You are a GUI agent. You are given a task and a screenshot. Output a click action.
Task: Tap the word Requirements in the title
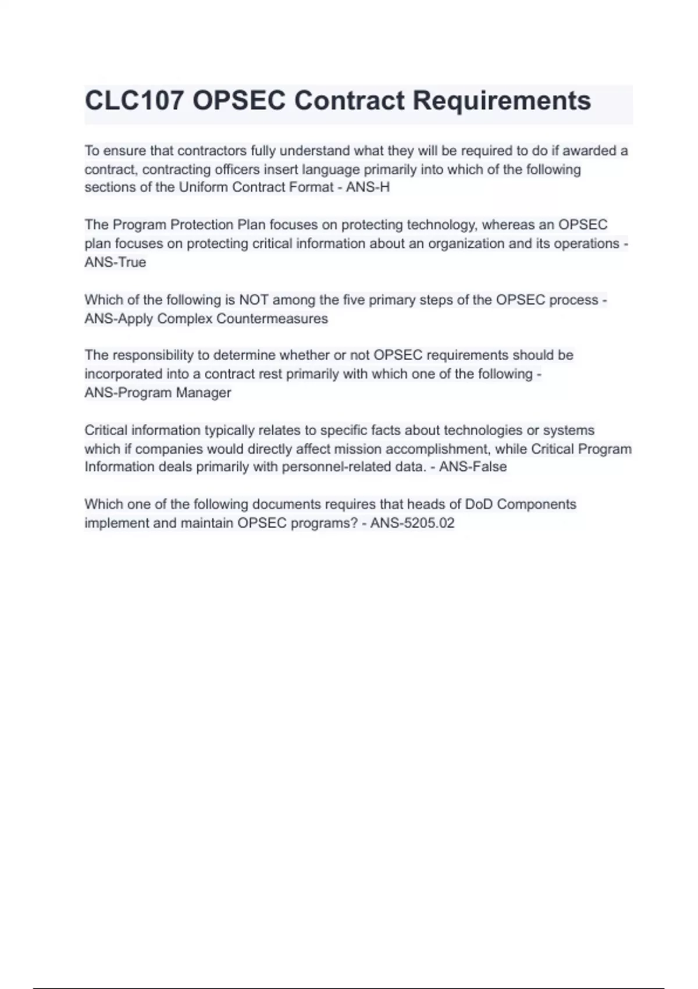501,101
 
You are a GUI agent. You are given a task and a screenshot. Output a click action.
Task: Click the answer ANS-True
115,262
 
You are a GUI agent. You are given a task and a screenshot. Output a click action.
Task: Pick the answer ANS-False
473,467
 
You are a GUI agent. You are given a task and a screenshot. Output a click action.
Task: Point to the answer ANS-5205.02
412,523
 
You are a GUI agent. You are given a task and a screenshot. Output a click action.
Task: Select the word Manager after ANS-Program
204,393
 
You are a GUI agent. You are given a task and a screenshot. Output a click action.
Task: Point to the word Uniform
204,187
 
